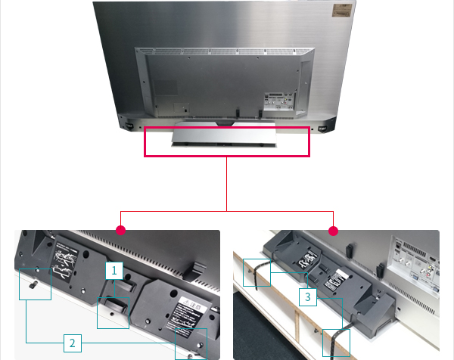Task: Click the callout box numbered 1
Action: [113, 269]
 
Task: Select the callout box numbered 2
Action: [73, 343]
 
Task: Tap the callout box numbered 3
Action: [306, 297]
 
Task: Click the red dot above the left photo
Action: [120, 229]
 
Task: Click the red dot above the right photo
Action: [333, 229]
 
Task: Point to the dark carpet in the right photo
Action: [265, 333]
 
